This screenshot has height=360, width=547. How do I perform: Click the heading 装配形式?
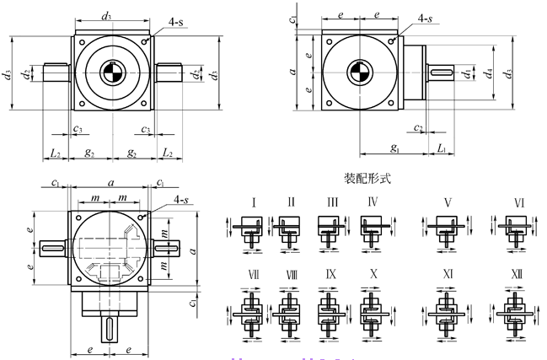click(369, 180)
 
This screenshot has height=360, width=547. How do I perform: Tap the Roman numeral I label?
click(254, 202)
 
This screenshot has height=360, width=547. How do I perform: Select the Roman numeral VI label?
click(519, 202)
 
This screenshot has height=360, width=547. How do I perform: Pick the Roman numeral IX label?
click(331, 275)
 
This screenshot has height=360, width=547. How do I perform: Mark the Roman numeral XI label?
click(448, 276)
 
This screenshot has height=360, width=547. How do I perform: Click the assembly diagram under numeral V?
click(447, 229)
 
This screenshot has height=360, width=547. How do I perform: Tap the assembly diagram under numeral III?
click(330, 229)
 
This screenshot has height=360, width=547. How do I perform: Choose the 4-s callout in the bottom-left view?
click(181, 199)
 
